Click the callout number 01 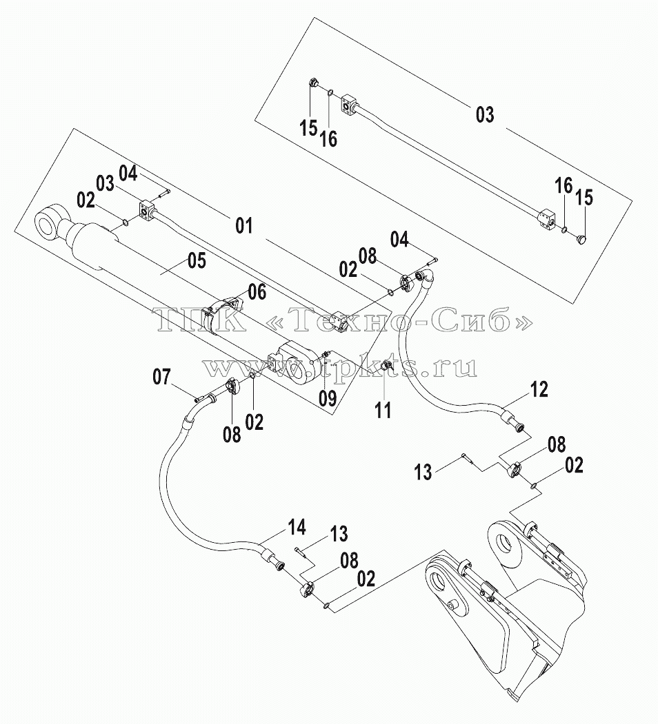coord(244,226)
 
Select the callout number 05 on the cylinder coord(197,261)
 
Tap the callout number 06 coord(257,292)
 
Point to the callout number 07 coord(162,377)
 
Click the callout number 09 coord(328,398)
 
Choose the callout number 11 coord(383,410)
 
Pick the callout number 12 coord(539,390)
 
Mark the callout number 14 coord(297,527)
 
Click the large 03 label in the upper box coord(485,114)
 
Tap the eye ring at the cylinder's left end coord(48,226)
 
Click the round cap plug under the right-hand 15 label coord(581,239)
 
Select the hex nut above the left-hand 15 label coord(314,84)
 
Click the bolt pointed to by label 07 coord(199,397)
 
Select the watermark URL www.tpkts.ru coord(340,367)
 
